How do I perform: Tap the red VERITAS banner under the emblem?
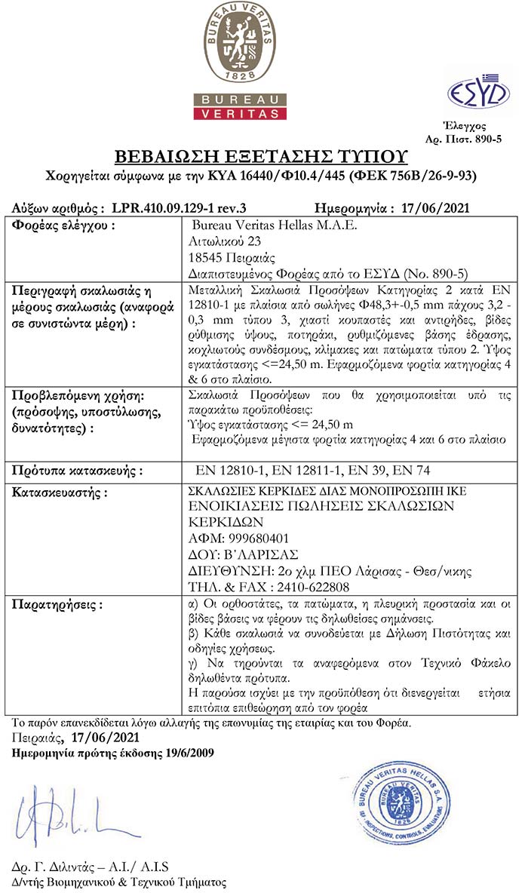pos(240,113)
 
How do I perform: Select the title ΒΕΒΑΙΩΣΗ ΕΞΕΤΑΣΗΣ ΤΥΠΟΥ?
pos(260,157)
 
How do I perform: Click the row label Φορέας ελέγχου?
pos(65,226)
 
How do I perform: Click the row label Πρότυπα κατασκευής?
pos(78,471)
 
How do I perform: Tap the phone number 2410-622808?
pos(309,586)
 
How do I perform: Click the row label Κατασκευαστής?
pos(60,492)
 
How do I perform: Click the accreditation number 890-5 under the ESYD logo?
pos(486,140)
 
